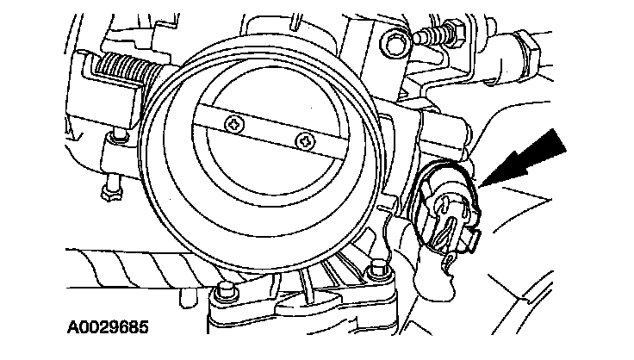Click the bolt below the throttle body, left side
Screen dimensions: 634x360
227,290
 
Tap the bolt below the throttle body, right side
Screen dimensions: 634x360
374,276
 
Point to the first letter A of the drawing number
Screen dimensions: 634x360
71,328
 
